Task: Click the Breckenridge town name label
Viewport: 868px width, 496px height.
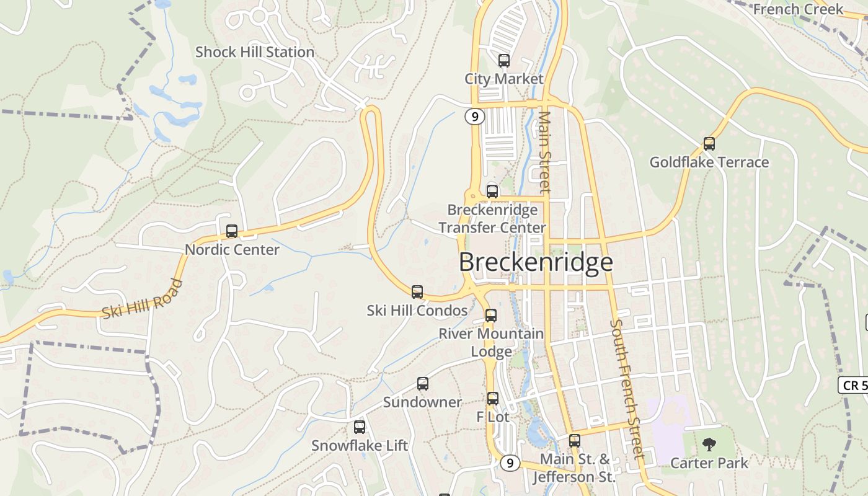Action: coord(536,262)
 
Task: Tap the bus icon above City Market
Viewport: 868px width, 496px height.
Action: coord(504,61)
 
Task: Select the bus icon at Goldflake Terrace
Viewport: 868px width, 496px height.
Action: coord(709,144)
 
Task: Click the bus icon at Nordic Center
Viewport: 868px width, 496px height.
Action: coord(232,231)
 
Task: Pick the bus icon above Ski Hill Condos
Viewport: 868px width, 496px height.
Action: coord(417,291)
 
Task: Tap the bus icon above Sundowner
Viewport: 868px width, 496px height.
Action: coord(423,384)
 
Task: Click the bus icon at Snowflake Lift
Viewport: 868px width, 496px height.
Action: coord(360,427)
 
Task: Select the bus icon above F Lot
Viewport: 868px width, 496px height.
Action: coord(493,398)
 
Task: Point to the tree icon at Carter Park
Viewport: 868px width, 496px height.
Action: coord(709,445)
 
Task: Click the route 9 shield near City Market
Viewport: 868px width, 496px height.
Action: coord(475,116)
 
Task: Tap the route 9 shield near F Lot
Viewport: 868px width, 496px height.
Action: coord(510,463)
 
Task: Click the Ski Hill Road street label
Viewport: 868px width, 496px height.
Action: coord(143,299)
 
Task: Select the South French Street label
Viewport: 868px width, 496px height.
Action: coord(627,389)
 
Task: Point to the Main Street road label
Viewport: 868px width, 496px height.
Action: coord(544,152)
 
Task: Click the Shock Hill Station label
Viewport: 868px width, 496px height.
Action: coord(255,52)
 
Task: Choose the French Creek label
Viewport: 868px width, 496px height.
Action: coord(798,9)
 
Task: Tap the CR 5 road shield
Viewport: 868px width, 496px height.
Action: coord(854,385)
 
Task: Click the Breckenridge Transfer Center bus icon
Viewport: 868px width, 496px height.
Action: coord(492,191)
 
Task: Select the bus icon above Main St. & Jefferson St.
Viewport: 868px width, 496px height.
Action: coord(575,441)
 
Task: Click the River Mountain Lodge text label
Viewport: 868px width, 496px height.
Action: coord(491,342)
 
